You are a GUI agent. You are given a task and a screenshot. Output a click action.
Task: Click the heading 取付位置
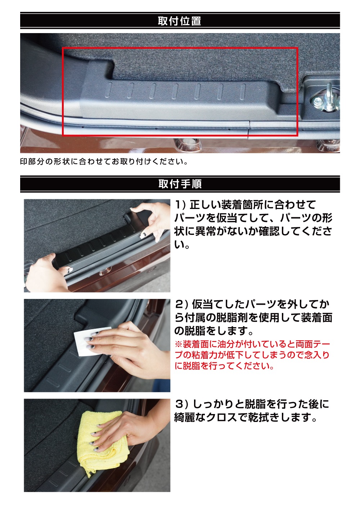click(x=179, y=21)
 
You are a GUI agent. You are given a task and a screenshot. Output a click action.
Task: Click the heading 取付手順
click(x=180, y=184)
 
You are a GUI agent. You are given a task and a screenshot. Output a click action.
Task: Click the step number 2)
click(x=181, y=305)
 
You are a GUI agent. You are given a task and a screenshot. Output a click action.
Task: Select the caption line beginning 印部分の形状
click(x=104, y=162)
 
